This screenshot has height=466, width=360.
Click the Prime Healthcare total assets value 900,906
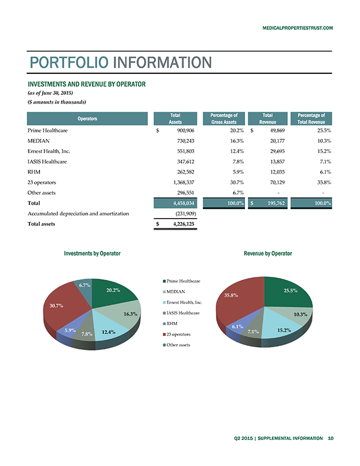185,130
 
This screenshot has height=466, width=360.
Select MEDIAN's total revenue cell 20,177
277,141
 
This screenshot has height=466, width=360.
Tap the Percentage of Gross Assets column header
224,119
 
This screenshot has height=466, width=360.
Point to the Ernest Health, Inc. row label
49,151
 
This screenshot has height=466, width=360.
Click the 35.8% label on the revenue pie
231,295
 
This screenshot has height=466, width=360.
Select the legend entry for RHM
170,323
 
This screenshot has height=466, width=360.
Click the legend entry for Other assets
176,345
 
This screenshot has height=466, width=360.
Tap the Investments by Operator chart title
92,254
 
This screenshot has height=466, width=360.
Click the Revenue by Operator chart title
268,254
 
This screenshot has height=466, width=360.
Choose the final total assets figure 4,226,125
184,224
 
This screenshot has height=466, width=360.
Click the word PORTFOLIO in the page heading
69,62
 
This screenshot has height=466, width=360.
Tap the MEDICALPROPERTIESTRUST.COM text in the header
297,28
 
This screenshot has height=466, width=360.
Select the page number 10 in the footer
331,438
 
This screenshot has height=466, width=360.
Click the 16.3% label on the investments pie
130,314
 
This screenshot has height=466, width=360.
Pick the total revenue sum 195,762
276,203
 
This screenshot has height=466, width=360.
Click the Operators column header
87,119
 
